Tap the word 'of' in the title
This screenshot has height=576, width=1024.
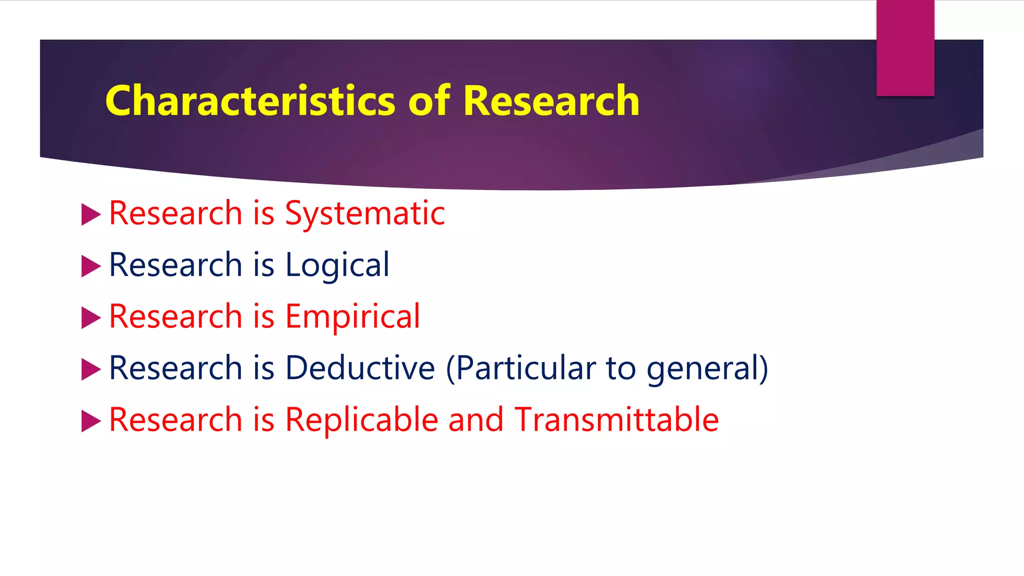tap(429, 101)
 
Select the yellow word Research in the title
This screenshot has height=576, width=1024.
tap(551, 101)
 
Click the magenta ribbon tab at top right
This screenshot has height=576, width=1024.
tap(905, 47)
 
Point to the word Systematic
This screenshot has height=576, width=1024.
tap(364, 214)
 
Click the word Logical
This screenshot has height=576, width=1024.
tap(337, 265)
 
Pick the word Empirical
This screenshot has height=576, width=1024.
tap(352, 317)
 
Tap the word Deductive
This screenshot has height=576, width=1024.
tap(360, 368)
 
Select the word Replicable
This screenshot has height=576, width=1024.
tap(361, 419)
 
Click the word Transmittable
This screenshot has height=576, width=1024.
tap(616, 419)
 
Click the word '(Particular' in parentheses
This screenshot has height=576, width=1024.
tap(520, 369)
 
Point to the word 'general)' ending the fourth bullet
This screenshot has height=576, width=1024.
tap(707, 369)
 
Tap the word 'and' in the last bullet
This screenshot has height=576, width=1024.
tap(475, 419)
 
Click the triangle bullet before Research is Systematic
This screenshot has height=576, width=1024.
tap(90, 214)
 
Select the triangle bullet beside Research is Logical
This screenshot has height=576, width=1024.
tap(90, 266)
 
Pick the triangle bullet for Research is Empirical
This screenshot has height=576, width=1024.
tap(90, 317)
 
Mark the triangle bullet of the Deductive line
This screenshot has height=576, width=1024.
tap(90, 369)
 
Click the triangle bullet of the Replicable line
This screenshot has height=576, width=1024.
tap(90, 420)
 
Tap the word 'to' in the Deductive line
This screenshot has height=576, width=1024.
tap(620, 368)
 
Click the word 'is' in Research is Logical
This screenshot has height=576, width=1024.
tap(263, 265)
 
